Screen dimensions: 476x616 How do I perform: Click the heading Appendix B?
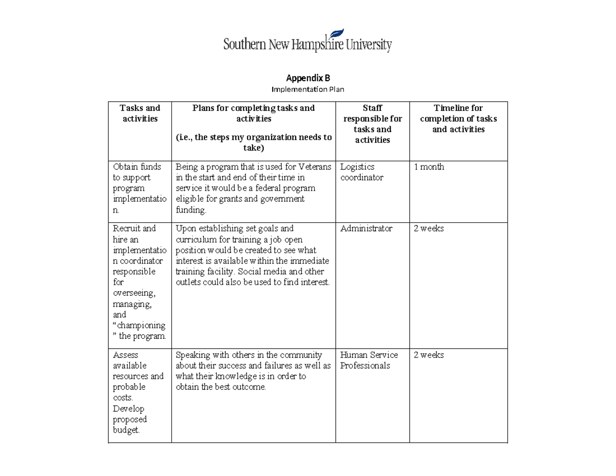[307, 78]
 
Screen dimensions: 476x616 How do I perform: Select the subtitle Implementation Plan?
[307, 89]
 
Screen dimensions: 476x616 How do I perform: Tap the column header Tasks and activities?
[140, 113]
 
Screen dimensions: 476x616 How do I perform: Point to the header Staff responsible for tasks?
[372, 124]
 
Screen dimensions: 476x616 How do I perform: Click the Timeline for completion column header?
[458, 119]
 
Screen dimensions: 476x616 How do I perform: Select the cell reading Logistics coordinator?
[362, 172]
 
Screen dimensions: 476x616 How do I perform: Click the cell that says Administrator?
[366, 229]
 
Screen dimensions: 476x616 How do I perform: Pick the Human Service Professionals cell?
[369, 360]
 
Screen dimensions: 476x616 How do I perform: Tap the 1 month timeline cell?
[429, 167]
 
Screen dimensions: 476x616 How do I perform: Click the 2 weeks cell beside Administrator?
[429, 229]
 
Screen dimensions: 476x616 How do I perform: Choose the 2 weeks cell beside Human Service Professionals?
[429, 355]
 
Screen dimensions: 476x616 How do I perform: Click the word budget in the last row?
[126, 430]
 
